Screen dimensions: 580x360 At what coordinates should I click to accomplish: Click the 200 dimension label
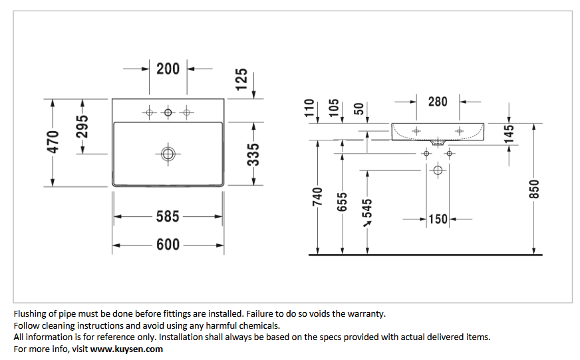(168, 69)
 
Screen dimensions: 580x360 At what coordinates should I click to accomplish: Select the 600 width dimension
(168, 245)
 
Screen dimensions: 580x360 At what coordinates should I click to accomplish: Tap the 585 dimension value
(168, 216)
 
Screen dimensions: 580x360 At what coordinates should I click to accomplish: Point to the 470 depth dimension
(53, 142)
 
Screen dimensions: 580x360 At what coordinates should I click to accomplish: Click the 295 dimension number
(82, 126)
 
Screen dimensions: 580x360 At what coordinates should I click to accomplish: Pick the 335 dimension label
(253, 154)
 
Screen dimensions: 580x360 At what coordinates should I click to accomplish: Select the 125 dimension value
(241, 79)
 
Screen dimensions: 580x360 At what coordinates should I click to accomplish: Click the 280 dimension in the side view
(438, 102)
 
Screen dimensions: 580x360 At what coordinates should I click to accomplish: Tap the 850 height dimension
(534, 189)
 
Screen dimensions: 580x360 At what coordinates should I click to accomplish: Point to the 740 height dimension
(317, 197)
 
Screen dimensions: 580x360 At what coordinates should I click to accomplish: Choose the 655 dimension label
(342, 202)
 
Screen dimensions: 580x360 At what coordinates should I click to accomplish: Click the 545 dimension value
(367, 208)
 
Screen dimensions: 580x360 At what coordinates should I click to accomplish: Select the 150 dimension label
(438, 219)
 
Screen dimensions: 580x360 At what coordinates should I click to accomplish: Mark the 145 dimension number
(509, 134)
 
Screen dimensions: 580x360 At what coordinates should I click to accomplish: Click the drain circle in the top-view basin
(168, 154)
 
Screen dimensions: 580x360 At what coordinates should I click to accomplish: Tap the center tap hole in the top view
(168, 112)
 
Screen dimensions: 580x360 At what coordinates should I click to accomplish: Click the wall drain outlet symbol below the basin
(438, 170)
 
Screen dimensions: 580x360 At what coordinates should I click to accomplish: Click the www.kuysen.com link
(126, 349)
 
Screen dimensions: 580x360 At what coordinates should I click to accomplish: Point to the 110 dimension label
(309, 108)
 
